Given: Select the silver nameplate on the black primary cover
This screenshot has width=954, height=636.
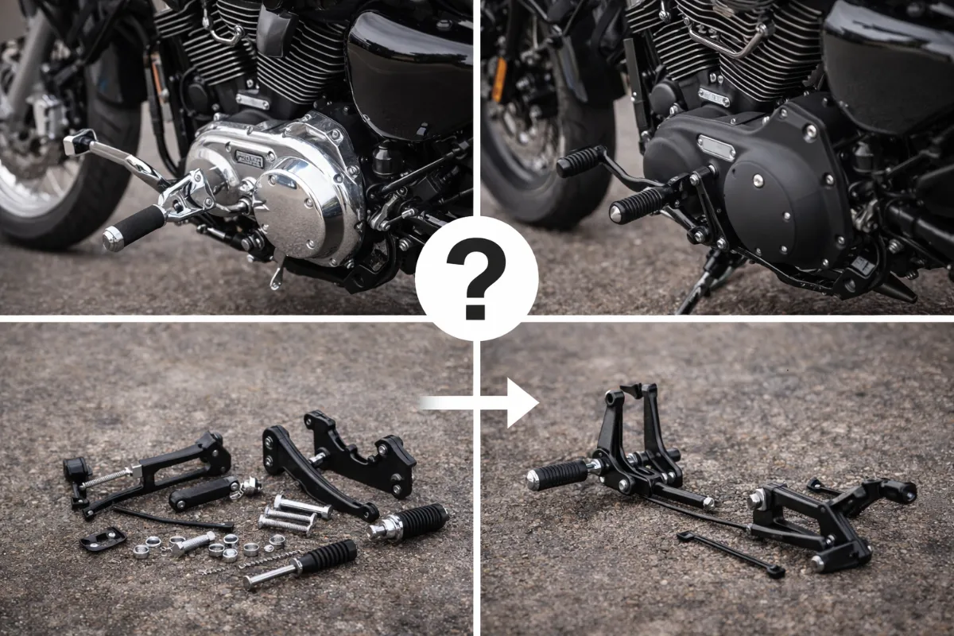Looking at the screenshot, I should pos(715,147).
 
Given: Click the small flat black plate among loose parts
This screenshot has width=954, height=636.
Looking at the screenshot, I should pos(103,539).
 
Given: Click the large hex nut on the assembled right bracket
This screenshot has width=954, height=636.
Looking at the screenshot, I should pos(756,500).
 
